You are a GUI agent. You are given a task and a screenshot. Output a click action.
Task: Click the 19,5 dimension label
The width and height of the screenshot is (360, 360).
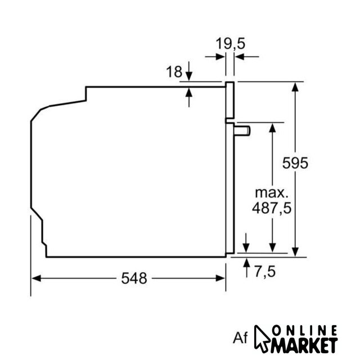[x=230, y=43]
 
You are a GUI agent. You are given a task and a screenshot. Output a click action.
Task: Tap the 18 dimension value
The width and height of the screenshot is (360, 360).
[x=174, y=71]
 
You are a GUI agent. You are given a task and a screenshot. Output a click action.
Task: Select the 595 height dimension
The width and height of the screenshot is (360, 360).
[x=295, y=163]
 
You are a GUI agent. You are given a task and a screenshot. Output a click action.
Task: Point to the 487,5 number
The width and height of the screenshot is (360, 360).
[x=272, y=208]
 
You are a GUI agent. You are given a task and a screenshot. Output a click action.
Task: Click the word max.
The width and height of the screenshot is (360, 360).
[x=272, y=193]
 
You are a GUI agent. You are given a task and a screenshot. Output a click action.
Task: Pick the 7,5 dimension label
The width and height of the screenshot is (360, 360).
[x=265, y=272]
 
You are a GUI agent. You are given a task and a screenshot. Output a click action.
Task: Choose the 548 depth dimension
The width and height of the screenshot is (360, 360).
[x=134, y=278]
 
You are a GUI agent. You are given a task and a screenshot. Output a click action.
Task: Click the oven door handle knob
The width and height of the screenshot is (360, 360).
[x=242, y=131]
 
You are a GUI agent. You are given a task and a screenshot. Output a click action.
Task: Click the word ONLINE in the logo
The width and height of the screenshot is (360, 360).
[x=304, y=331]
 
